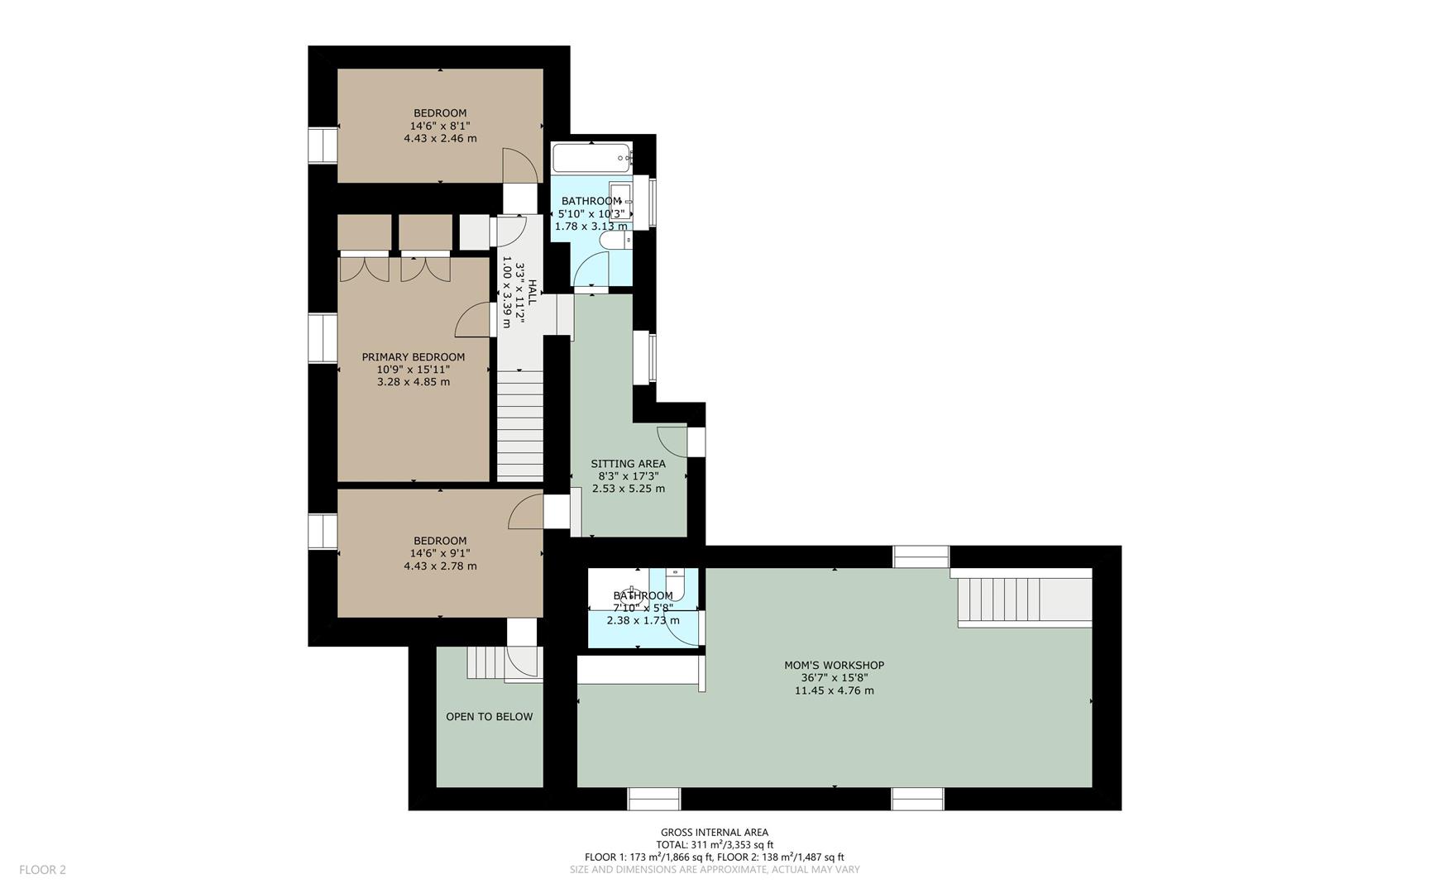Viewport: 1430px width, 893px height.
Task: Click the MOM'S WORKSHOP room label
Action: [x=834, y=666]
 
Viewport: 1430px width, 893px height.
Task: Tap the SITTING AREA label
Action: [x=628, y=464]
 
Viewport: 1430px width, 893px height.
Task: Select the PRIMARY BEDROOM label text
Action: [x=413, y=357]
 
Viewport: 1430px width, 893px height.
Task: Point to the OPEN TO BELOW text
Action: [x=489, y=717]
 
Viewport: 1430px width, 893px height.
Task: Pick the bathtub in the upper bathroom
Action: [x=592, y=157]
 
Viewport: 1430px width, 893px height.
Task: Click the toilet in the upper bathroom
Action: [x=615, y=240]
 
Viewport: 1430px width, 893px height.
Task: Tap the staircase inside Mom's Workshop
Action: [x=1025, y=602]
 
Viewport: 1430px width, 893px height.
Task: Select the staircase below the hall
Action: [x=519, y=425]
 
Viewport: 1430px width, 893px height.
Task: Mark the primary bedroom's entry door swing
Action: [x=475, y=319]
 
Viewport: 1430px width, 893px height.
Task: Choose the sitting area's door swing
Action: [x=672, y=440]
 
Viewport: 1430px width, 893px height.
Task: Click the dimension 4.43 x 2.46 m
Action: [x=440, y=139]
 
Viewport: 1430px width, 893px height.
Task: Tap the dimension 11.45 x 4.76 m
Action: [x=834, y=690]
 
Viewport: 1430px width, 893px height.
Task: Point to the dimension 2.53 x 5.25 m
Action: [x=628, y=489]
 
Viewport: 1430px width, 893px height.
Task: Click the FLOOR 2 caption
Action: [x=42, y=870]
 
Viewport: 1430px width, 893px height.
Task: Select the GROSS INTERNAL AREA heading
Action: [x=715, y=833]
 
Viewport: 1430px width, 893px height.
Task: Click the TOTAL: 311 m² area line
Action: [x=715, y=845]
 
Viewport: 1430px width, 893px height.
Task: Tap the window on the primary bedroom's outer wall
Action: [x=323, y=337]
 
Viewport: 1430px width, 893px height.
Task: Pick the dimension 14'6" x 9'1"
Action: [x=440, y=554]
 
